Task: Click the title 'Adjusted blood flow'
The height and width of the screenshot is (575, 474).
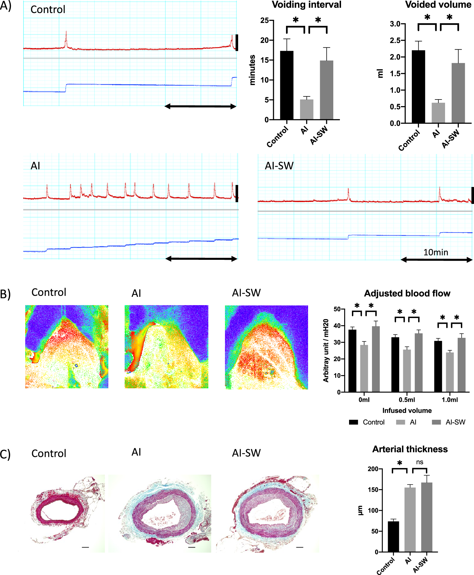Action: [x=407, y=293]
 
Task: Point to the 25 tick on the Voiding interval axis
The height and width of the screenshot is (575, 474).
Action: [x=264, y=20]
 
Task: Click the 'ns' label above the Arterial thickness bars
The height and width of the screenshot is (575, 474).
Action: [x=420, y=462]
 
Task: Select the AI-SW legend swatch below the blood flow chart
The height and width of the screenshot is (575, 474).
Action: [x=436, y=422]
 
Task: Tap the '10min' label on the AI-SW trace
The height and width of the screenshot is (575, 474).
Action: [x=436, y=252]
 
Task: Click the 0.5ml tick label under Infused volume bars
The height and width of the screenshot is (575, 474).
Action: [x=407, y=400]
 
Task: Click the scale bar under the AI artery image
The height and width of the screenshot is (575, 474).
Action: [x=192, y=547]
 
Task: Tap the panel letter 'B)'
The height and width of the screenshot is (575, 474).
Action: [x=5, y=294]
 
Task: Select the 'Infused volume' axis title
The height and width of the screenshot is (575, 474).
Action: [x=407, y=411]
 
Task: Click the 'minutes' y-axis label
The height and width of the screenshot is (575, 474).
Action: [x=252, y=70]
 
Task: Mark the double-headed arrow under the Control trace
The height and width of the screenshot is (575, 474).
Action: [x=200, y=106]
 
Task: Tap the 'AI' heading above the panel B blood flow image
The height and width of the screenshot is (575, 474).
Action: [x=136, y=293]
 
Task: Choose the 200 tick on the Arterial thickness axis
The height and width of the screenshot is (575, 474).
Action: [x=373, y=469]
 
